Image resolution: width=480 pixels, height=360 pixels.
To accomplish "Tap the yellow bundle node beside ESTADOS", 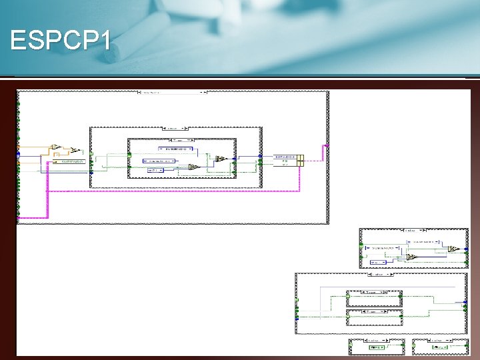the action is [301, 160].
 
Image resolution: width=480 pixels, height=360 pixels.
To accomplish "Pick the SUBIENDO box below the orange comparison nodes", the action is [69, 161].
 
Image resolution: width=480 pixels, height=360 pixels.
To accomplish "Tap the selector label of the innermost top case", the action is [181, 141].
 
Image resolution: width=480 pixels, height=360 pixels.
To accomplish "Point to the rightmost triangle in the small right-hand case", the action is [453, 249].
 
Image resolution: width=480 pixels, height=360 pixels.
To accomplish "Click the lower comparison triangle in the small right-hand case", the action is [412, 256].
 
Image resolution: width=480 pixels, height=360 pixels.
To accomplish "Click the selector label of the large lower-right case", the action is [377, 273].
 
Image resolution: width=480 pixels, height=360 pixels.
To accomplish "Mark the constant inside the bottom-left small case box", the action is [377, 347].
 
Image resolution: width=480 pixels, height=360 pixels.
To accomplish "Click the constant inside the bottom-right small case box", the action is [440, 347].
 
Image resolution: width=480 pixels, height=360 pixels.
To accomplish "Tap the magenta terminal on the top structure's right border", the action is [325, 145].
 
